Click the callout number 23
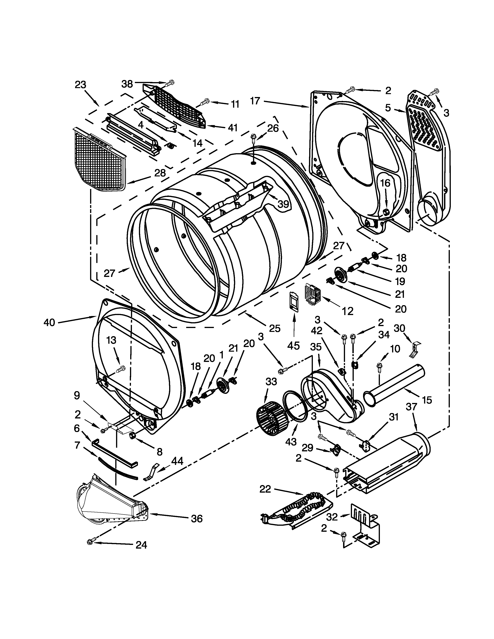80,85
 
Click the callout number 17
255,101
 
